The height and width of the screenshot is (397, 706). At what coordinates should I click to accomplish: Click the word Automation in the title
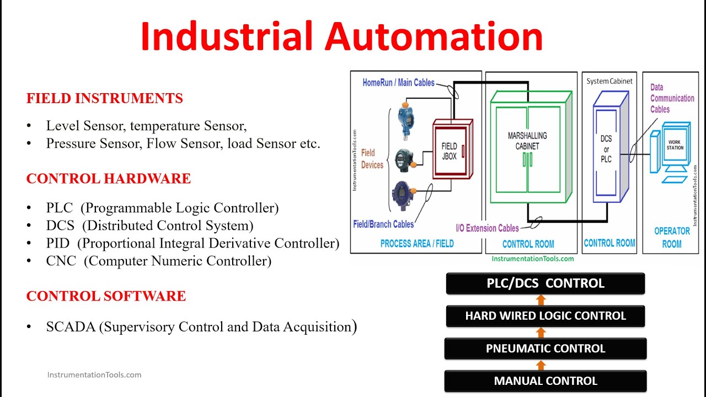434,36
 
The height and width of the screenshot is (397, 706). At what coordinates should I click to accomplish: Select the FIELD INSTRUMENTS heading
105,99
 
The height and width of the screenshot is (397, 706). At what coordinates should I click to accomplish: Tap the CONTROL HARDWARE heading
109,179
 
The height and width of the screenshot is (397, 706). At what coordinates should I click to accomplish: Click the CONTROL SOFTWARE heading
106,296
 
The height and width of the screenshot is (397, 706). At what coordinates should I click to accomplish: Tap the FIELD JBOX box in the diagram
450,149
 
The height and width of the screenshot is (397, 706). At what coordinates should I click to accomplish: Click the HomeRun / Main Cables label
398,83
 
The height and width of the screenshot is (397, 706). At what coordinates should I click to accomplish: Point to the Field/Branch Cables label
383,224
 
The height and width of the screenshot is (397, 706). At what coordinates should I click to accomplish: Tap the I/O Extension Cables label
487,228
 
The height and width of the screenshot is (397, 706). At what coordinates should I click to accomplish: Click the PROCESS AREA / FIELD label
416,243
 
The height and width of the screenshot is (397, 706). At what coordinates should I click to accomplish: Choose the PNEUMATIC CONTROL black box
545,348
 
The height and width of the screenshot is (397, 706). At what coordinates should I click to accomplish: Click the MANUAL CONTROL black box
545,381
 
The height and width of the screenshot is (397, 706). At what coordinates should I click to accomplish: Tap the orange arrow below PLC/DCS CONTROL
541,300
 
